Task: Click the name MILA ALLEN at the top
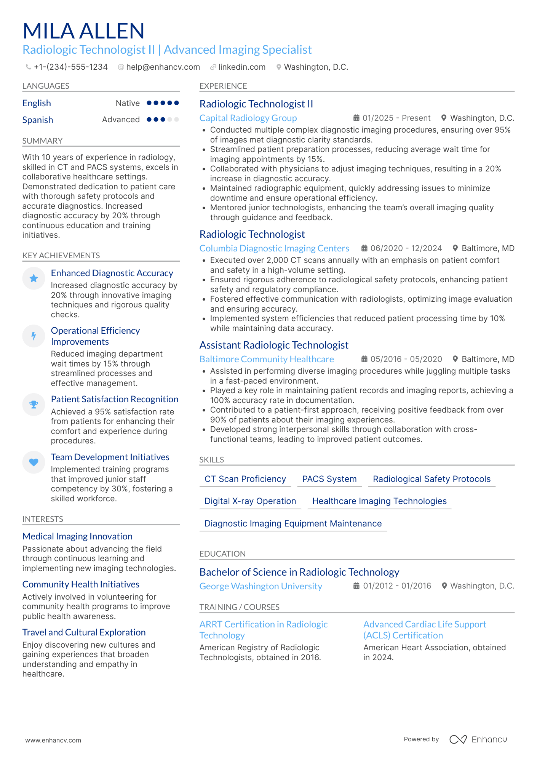click(x=83, y=31)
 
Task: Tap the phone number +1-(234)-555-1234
click(x=70, y=67)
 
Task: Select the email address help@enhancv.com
click(x=163, y=67)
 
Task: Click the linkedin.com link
click(x=241, y=67)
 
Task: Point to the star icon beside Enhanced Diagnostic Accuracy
click(x=34, y=278)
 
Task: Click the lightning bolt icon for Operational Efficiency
click(x=34, y=336)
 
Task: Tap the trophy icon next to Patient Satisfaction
click(x=34, y=405)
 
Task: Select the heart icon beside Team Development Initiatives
click(x=34, y=462)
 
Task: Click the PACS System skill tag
click(x=329, y=479)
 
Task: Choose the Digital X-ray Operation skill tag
click(x=250, y=501)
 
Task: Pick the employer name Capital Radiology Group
click(x=248, y=118)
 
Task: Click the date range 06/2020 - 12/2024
click(x=406, y=248)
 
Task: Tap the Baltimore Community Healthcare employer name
click(x=267, y=359)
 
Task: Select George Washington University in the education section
click(x=261, y=586)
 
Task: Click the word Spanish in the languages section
click(x=38, y=120)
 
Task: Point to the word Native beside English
click(x=128, y=103)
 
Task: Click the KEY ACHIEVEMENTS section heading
click(x=61, y=256)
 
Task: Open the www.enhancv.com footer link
click(x=53, y=740)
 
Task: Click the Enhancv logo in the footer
click(x=478, y=739)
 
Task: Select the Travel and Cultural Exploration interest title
click(x=84, y=632)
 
